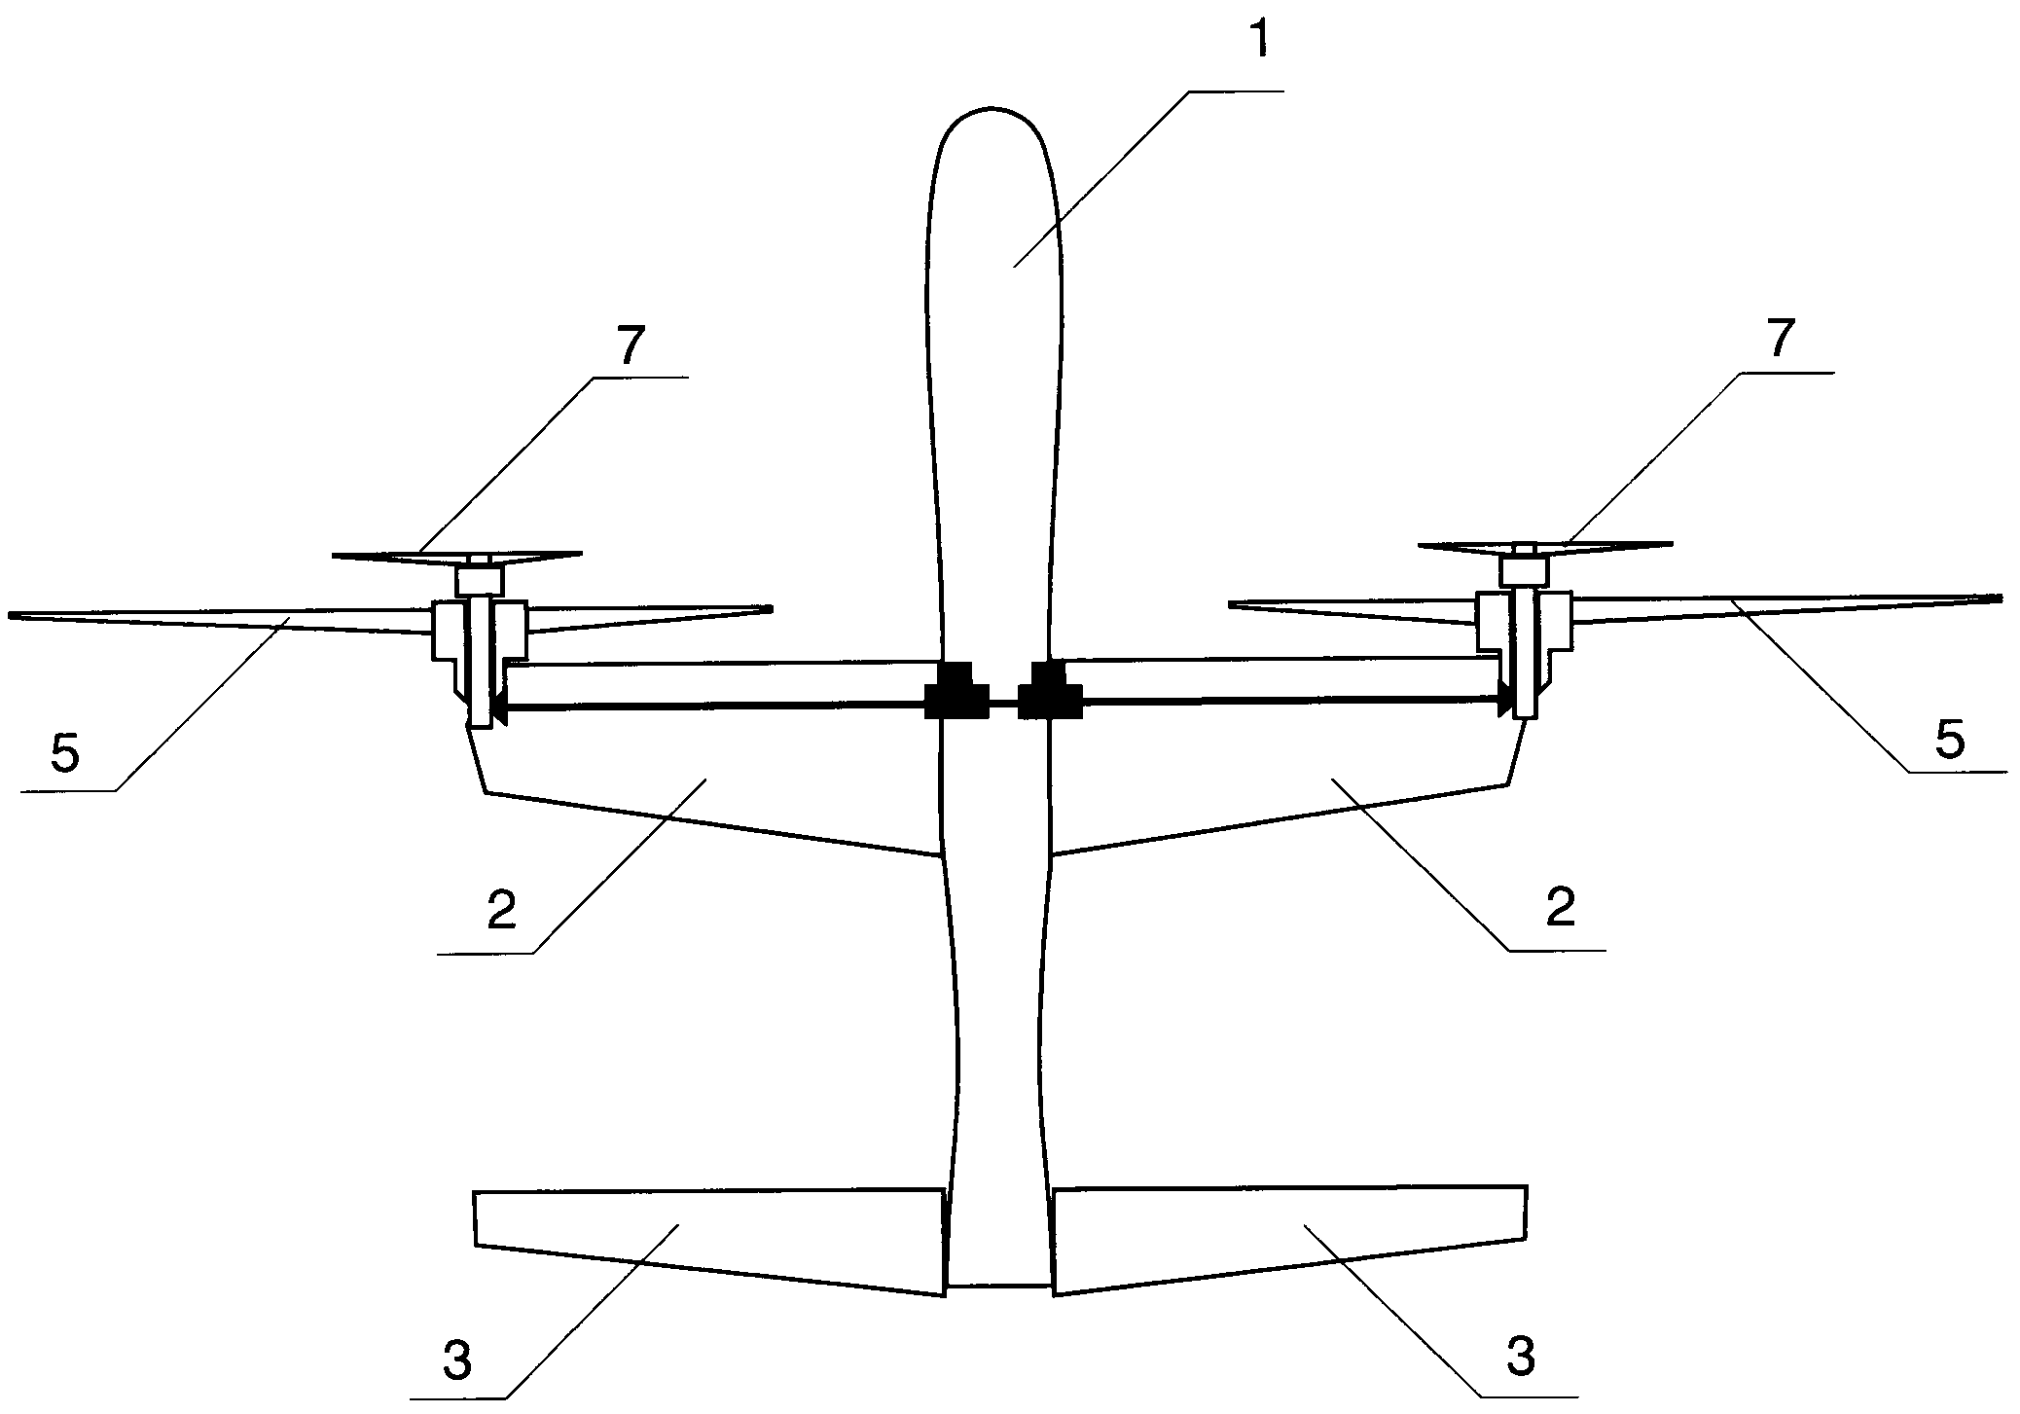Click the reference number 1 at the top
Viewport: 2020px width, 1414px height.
1261,40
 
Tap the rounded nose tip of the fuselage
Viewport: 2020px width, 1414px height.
992,107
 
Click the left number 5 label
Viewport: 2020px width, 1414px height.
65,754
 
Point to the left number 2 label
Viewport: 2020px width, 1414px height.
501,910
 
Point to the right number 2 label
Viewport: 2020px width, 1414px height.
1560,906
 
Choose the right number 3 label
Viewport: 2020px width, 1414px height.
1520,1357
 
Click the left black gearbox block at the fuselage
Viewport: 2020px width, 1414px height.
955,692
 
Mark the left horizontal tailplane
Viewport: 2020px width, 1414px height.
709,1241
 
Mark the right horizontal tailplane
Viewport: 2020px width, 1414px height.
1290,1239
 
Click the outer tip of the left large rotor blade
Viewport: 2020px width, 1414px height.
10,615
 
